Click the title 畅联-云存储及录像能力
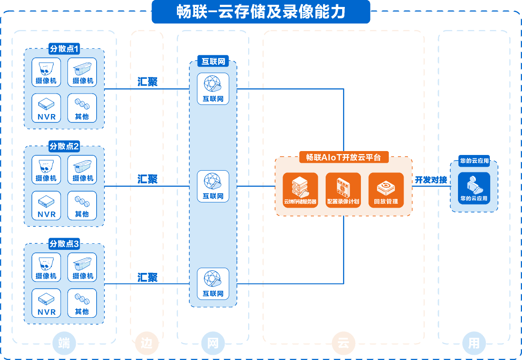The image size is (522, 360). pos(261,12)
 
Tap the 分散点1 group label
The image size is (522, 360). pos(64,49)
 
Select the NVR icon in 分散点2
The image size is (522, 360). pos(47,205)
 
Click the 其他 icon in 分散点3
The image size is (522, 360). pos(82,303)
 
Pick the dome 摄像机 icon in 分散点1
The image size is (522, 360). pos(46,72)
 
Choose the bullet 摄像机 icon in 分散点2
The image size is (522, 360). pos(82,169)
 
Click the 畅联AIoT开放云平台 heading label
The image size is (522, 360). pos(344,157)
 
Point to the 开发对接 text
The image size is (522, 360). pos(431,180)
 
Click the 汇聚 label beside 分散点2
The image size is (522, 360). pos(148,179)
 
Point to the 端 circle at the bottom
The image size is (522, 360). pos(64,343)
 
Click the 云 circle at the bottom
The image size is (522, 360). pos(343,343)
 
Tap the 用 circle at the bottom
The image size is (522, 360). pos(474,343)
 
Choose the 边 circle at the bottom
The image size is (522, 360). pos(146,343)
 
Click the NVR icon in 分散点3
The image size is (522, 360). pos(47,303)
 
